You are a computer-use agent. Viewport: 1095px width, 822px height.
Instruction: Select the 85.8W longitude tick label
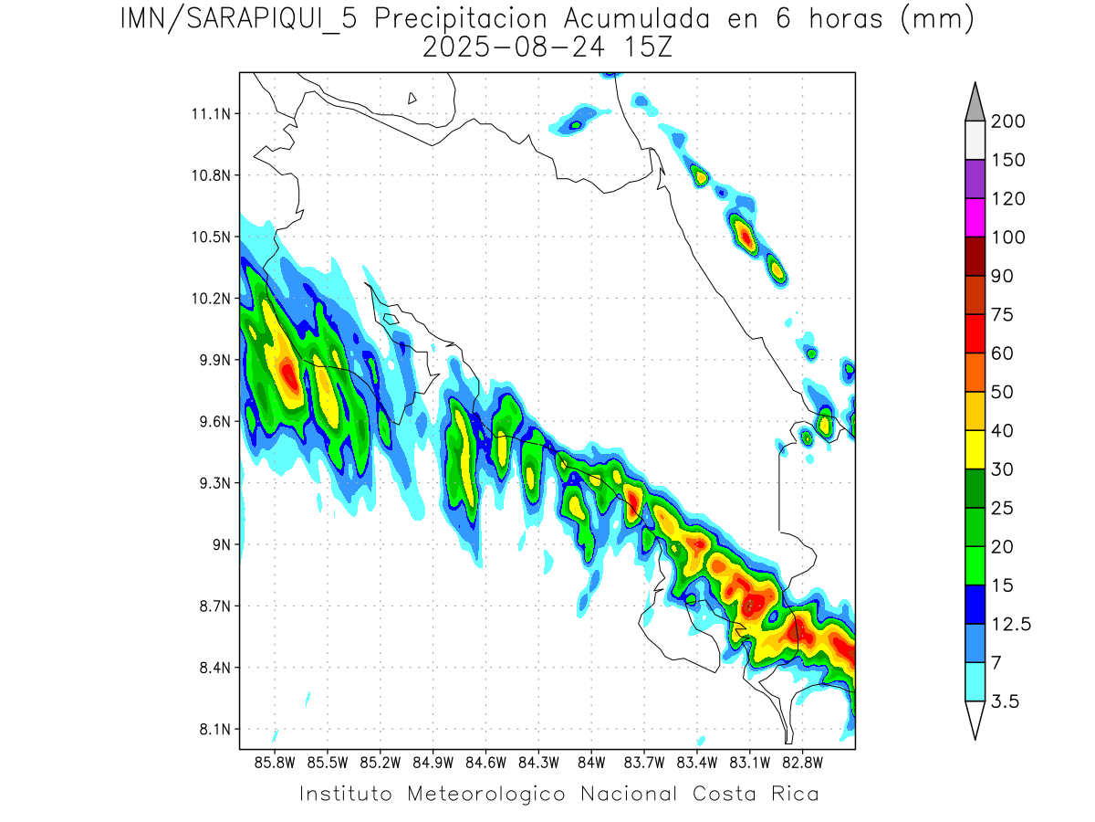[276, 762]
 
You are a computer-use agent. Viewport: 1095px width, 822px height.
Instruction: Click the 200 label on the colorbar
[1008, 121]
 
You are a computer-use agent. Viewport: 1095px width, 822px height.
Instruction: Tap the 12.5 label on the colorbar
[1012, 624]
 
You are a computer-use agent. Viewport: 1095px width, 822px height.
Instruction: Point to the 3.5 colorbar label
[1005, 701]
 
